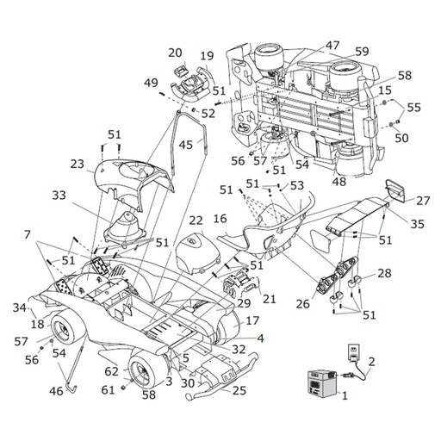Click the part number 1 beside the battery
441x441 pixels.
pos(345,395)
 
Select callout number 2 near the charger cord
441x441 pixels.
pos(371,362)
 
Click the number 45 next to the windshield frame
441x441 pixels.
pos(185,145)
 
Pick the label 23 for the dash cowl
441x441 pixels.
pos(78,164)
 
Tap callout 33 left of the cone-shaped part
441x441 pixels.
pos(59,196)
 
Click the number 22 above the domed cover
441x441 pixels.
pos(196,220)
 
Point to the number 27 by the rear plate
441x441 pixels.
pos(423,201)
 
